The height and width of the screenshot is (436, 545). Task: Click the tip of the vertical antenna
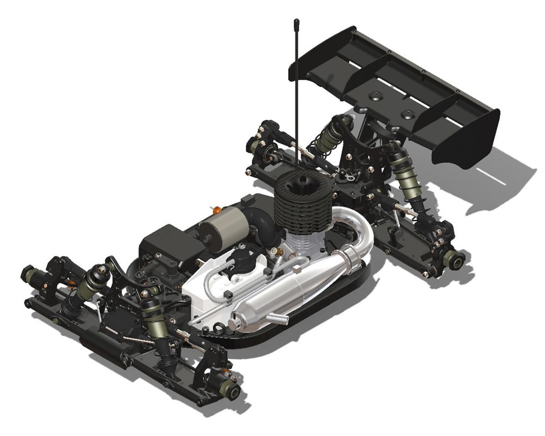[x=296, y=22]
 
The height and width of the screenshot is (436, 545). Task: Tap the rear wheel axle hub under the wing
[x=453, y=259]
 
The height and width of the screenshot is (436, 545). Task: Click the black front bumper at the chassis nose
[x=98, y=345]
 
